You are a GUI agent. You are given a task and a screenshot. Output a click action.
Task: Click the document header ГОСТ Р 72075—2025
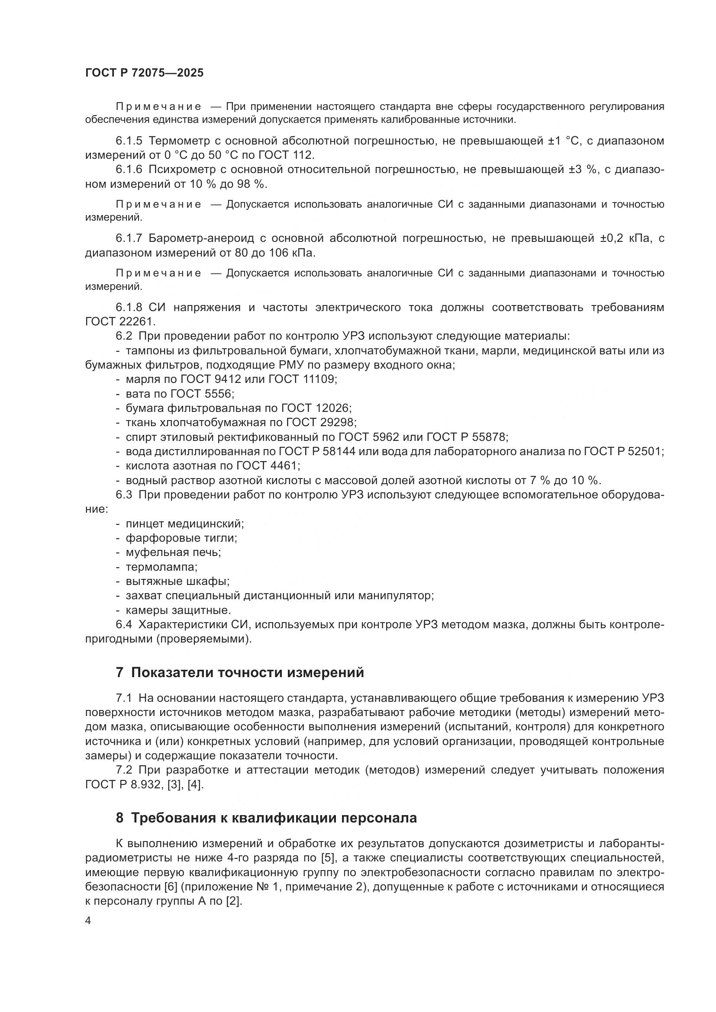click(x=144, y=73)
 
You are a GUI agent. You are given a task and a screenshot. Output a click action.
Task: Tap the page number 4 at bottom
click(x=88, y=921)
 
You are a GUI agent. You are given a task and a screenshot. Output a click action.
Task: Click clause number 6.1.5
click(x=129, y=141)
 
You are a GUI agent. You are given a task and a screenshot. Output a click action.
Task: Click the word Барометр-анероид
click(x=201, y=238)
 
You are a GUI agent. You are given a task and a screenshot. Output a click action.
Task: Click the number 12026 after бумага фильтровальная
click(x=332, y=408)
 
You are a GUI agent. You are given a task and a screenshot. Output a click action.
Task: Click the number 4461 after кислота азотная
click(x=284, y=466)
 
